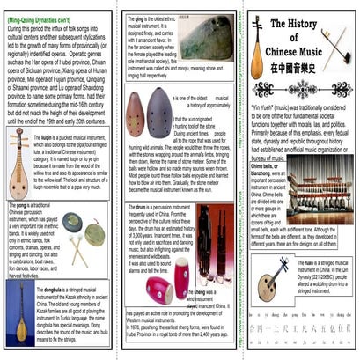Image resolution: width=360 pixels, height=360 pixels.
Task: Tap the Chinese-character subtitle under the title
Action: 302,68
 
